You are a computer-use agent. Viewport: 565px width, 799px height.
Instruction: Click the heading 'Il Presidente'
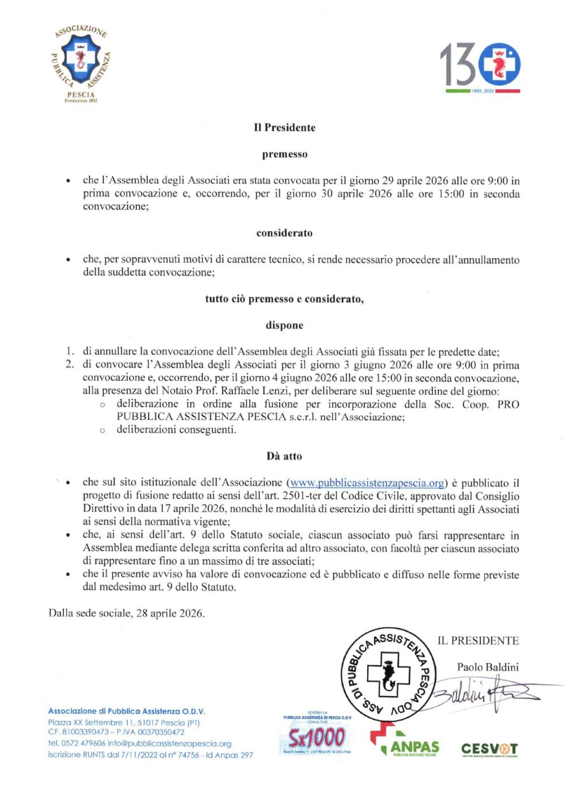(x=284, y=128)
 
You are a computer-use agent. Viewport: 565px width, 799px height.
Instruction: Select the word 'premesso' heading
(x=284, y=154)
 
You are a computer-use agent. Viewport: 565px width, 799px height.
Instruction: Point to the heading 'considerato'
(x=284, y=233)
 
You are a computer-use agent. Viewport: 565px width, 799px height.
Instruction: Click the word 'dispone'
(x=284, y=325)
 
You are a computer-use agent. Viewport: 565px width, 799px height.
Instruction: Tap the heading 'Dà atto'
(x=284, y=456)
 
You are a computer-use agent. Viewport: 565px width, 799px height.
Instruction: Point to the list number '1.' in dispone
(x=69, y=352)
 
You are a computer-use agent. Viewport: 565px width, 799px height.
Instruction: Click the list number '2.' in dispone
(x=69, y=365)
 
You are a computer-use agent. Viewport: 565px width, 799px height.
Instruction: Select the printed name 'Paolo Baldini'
(x=488, y=667)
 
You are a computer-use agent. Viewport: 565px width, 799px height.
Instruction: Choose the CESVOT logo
(x=489, y=749)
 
